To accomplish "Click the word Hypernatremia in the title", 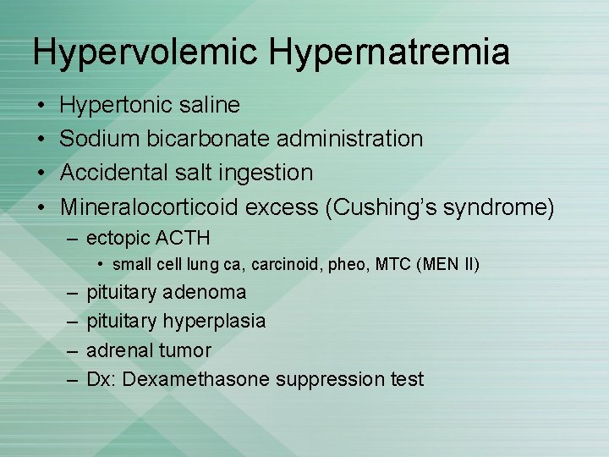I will [390, 52].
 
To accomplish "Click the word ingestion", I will [266, 173].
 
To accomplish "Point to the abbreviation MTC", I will [392, 265].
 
